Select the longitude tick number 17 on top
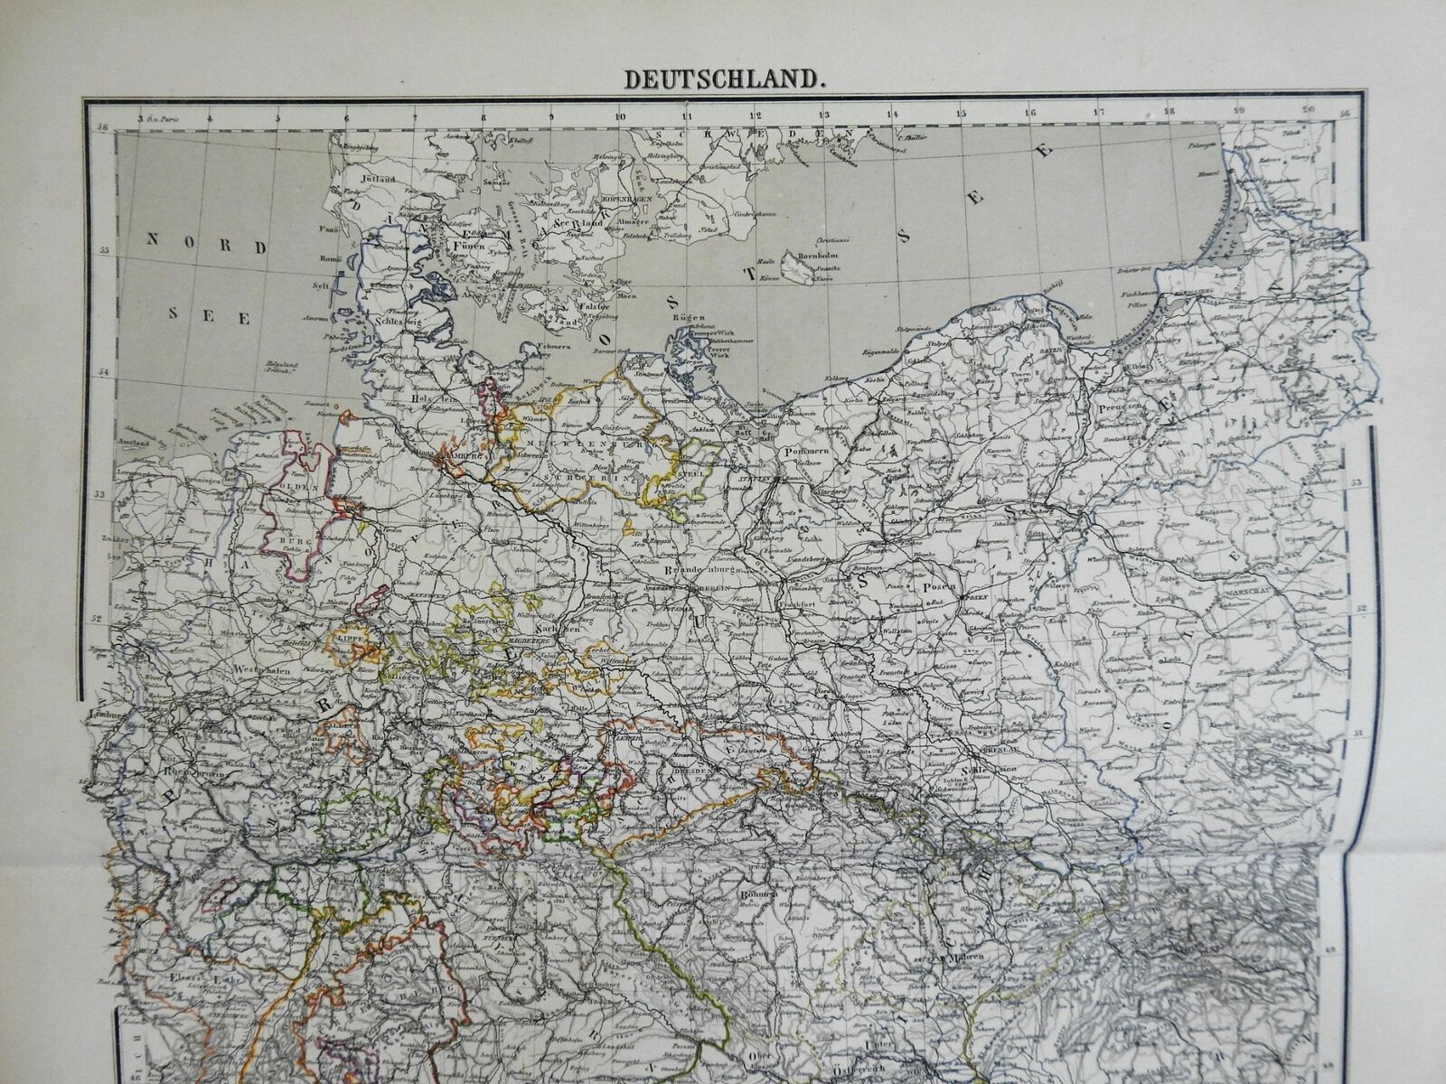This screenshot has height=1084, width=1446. coord(1099,114)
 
